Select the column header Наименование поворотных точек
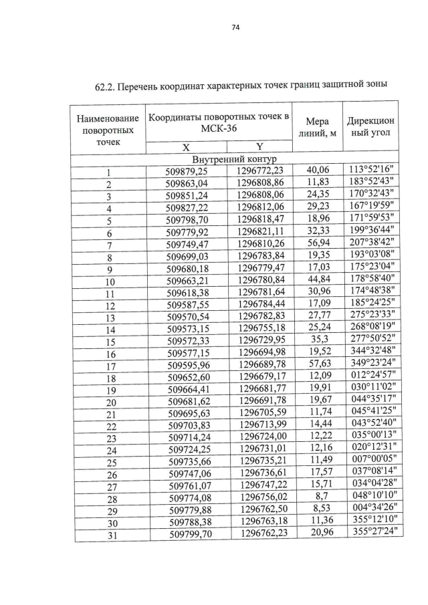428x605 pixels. pyautogui.click(x=108, y=129)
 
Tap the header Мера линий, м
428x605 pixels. pyautogui.click(x=317, y=128)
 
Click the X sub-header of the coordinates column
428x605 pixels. pyautogui.click(x=187, y=148)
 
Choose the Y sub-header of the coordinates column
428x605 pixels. pyautogui.click(x=258, y=148)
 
